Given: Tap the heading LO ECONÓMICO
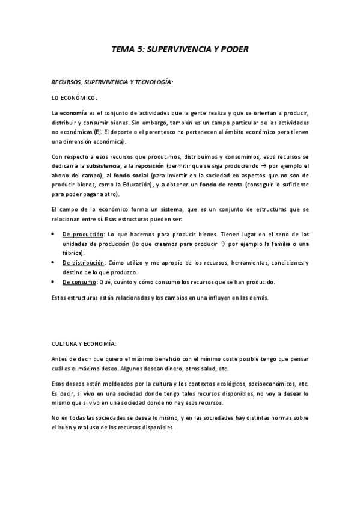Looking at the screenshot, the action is coord(74,97).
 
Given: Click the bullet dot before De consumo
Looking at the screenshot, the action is coord(53,282).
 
